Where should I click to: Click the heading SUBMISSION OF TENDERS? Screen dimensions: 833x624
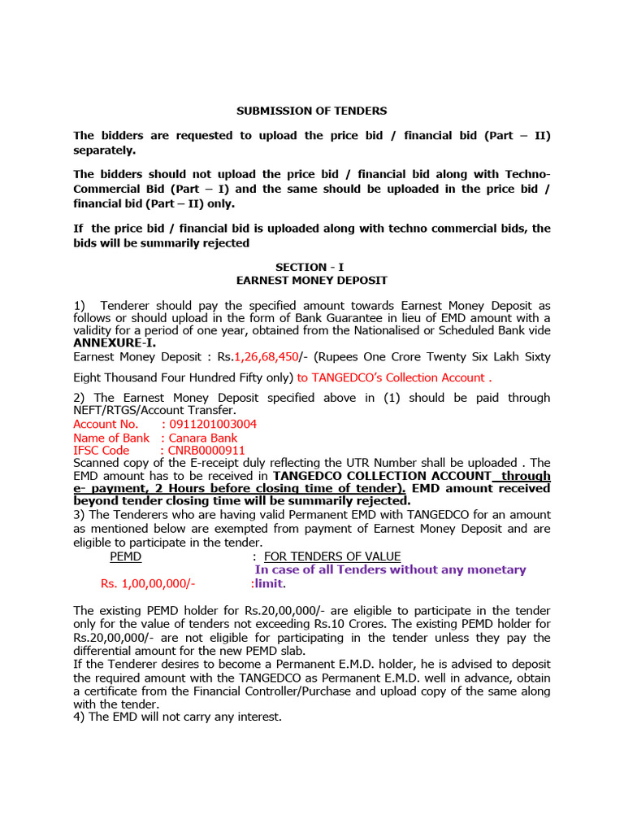click(x=312, y=111)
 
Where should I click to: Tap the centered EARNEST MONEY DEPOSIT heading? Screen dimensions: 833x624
click(x=312, y=280)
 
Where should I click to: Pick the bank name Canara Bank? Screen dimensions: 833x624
click(x=203, y=438)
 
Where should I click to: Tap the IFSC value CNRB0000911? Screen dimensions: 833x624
click(x=206, y=450)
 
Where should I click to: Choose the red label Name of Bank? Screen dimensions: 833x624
click(x=111, y=438)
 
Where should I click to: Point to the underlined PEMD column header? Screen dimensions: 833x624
click(x=125, y=556)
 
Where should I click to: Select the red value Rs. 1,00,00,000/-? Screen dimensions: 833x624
click(x=148, y=583)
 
